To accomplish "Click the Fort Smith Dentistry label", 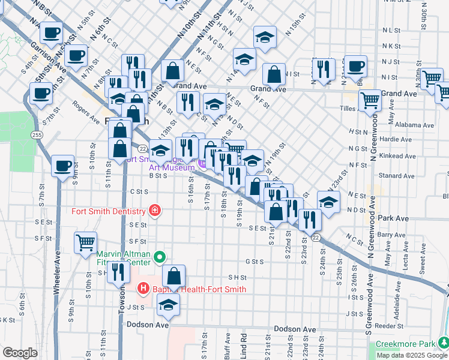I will coord(108,211).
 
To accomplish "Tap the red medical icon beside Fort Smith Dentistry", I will coord(155,210).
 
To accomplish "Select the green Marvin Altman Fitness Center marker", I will coord(159,258).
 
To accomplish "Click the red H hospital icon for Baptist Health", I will coord(143,289).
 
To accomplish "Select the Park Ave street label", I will coord(394,218).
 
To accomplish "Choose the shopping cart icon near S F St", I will coord(85,242).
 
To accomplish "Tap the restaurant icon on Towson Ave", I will coord(118,271).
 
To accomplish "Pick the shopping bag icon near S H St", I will coord(173,276).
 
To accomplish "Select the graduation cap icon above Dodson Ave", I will coord(169,305).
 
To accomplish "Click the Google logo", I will coord(20,352).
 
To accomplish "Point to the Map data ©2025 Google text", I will coord(412,355).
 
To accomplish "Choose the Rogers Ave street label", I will coord(85,112).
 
